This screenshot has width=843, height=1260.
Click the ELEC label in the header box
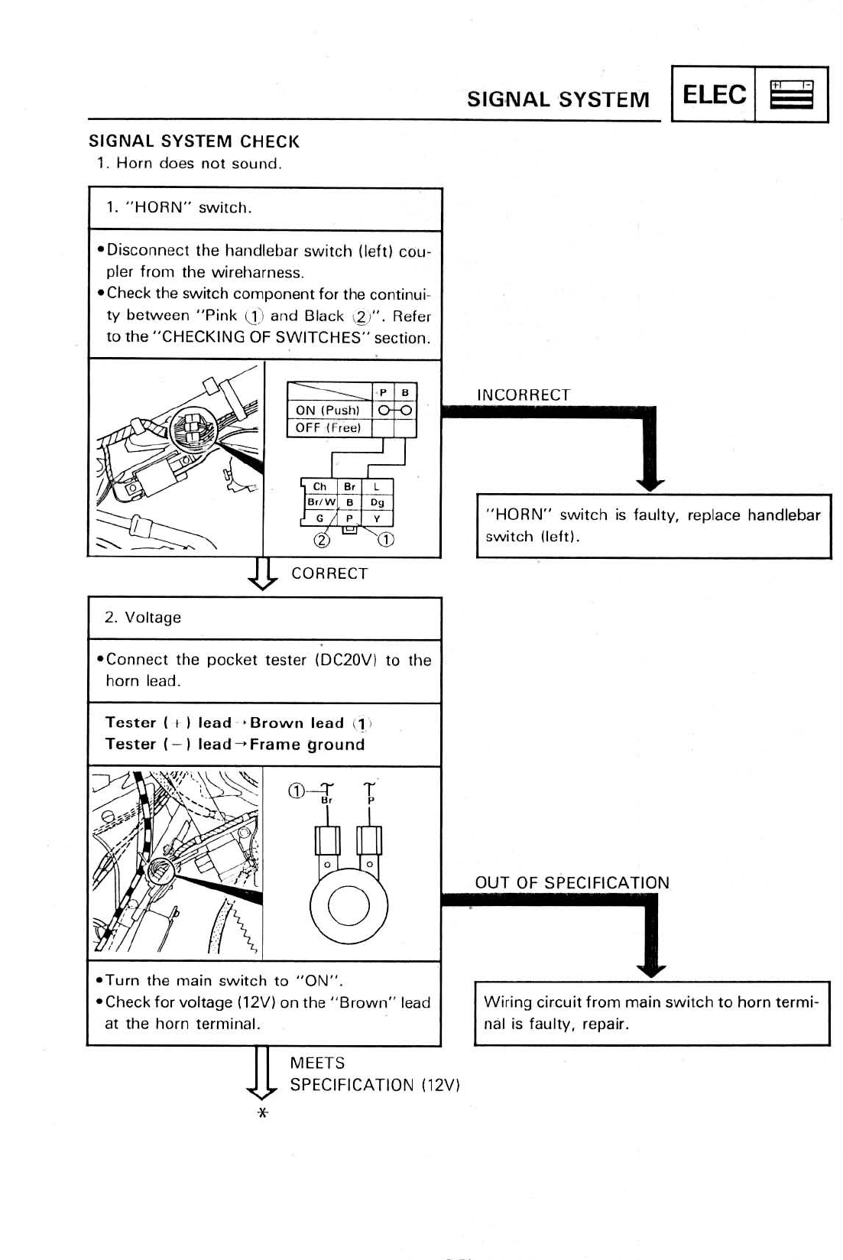pos(714,95)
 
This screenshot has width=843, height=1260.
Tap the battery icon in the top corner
pos(791,95)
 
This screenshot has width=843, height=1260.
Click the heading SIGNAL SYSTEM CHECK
pos(194,141)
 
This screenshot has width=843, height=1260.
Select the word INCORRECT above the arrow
pos(524,395)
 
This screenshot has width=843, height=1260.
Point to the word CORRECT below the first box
pos(329,573)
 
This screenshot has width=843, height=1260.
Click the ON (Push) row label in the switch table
pos(327,410)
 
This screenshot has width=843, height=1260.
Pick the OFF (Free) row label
pos(327,428)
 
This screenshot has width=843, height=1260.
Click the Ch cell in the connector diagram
pos(319,487)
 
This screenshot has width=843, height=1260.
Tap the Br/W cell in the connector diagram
pos(319,502)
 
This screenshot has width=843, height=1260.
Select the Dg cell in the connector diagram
pos(377,502)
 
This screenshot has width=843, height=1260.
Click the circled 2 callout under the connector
pos(323,541)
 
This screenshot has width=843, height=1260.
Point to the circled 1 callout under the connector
pos(386,541)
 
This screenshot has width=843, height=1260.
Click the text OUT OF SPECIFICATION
pos(572,882)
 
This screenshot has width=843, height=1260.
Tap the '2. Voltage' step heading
pos(143,618)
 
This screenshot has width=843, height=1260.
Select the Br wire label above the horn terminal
pos(327,800)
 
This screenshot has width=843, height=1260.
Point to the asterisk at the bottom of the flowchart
pos(262,1113)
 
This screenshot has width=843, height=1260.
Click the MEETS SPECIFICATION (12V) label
pos(374,1074)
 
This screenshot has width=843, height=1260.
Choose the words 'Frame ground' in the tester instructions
pos(307,744)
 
